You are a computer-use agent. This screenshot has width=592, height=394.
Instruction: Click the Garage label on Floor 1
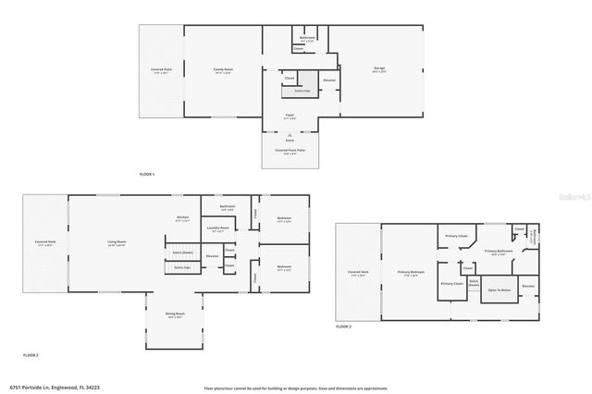pos(377,69)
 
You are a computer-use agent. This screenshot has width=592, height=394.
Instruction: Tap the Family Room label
pos(222,69)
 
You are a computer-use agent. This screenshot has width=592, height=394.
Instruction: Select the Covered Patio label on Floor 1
pos(161,69)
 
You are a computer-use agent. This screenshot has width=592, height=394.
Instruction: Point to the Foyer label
pos(290,117)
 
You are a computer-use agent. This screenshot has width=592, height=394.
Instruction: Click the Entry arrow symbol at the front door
pos(290,135)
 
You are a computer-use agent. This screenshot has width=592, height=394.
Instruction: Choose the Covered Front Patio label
pos(290,149)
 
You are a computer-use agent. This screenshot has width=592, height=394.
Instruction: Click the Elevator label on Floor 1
pos(328,80)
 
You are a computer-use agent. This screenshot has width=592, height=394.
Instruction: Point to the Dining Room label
pos(175,314)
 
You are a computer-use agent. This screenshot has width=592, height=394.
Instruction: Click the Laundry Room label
pos(218,228)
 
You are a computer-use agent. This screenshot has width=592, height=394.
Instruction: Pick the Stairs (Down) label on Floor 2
pos(183,251)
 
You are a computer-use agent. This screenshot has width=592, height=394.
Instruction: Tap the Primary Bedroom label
pos(411,273)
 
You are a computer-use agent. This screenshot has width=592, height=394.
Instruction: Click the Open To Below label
pos(498,289)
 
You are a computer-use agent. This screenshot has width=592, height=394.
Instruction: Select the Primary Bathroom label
pos(498,251)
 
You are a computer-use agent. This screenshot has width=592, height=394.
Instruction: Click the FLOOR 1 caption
pos(147,174)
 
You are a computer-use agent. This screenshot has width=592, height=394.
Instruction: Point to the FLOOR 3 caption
pos(343,327)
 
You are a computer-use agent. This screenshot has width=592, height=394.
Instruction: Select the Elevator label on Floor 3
pos(528,287)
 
